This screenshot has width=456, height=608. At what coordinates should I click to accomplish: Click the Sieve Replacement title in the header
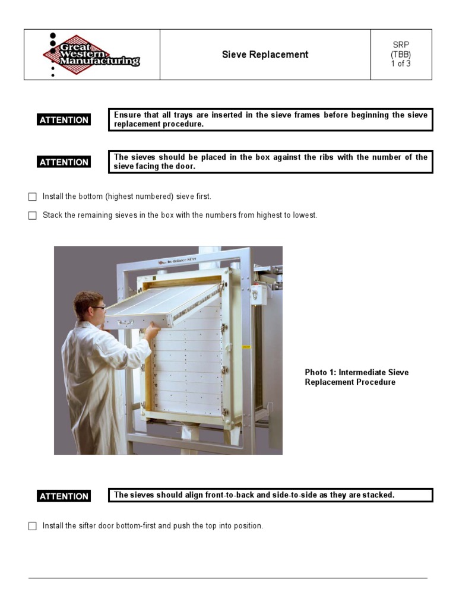[x=265, y=55]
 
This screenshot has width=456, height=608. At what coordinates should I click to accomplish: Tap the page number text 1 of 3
[x=401, y=64]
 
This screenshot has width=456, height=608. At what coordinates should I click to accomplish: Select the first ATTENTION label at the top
[x=64, y=120]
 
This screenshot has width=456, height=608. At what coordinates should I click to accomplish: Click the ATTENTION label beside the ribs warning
[x=64, y=162]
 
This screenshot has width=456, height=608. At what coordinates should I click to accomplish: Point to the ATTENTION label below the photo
[x=64, y=496]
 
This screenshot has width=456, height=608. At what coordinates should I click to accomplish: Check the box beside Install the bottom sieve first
[x=33, y=197]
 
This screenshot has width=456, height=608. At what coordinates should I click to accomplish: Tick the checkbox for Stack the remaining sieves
[x=33, y=216]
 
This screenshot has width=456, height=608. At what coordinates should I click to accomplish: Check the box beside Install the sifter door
[x=33, y=526]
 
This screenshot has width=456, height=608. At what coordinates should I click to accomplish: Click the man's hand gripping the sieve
[x=152, y=330]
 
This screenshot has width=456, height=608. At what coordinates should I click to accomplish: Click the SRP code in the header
[x=401, y=45]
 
